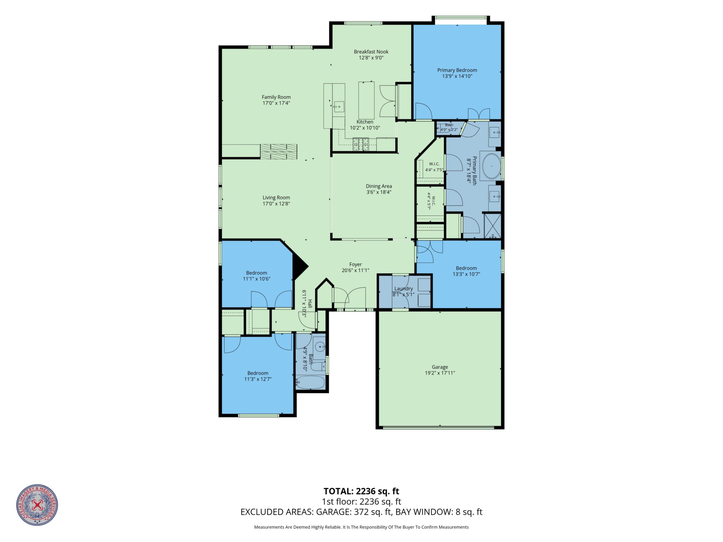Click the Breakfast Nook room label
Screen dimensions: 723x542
(371, 52)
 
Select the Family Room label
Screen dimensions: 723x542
(276, 97)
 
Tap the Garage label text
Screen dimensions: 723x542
(440, 367)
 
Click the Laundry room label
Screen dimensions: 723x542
(404, 288)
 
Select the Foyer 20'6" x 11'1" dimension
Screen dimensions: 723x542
(355, 270)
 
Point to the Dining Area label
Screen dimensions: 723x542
(379, 186)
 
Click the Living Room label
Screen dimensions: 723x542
(276, 197)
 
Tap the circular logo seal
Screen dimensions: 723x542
(37, 505)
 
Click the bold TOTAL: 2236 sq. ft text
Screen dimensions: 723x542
(361, 491)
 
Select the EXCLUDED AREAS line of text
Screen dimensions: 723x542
(361, 512)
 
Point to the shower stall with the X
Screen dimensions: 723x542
(492, 226)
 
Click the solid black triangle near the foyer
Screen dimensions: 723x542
(299, 266)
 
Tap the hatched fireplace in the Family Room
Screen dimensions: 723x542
(278, 152)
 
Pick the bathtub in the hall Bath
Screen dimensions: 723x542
(311, 382)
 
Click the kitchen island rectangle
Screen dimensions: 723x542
(366, 100)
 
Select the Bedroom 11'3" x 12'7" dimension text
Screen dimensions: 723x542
(258, 379)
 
